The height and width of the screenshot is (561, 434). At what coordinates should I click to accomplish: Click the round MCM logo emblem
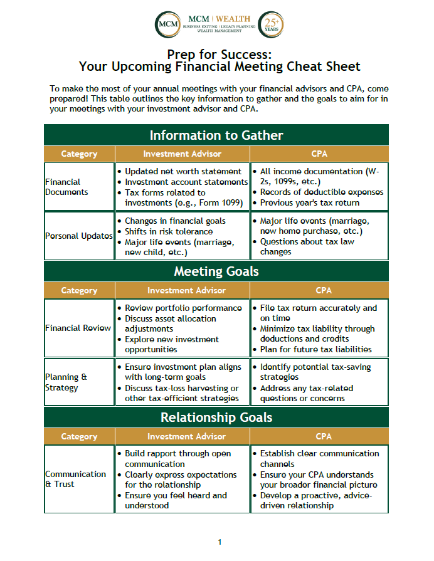click(x=167, y=24)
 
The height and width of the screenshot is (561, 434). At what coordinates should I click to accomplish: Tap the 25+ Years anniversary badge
click(x=271, y=24)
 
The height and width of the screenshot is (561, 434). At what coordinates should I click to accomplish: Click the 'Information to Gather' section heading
click(x=216, y=135)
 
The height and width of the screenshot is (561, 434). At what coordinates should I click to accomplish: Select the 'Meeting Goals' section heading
click(x=216, y=271)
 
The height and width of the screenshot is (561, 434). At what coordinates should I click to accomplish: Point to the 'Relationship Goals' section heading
click(x=216, y=417)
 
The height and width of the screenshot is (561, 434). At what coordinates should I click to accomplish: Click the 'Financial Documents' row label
click(x=66, y=187)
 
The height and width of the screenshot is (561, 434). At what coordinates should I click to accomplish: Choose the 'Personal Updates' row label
click(x=79, y=236)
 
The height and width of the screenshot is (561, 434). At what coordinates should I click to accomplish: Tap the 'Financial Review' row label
click(x=78, y=328)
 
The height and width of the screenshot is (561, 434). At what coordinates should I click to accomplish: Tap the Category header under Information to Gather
click(x=79, y=154)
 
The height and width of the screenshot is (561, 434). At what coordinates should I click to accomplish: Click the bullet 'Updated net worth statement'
click(x=183, y=172)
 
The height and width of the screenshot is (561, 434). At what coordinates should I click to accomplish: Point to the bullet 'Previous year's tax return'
click(x=310, y=202)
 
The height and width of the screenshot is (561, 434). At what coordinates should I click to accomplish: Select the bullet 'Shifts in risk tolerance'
click(x=169, y=231)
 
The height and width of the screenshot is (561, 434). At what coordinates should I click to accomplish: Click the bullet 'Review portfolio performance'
click(x=183, y=308)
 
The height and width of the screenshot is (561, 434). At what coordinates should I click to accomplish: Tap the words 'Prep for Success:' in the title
click(x=220, y=54)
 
